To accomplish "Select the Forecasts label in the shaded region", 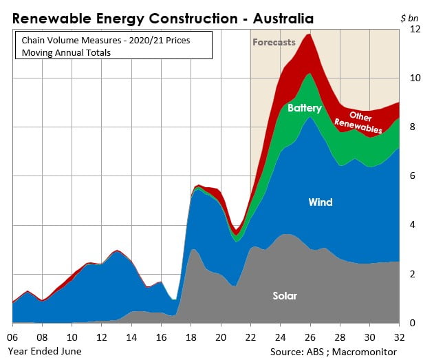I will point(274,42).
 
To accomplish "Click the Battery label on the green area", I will point(305,108).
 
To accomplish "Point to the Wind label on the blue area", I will point(320,202).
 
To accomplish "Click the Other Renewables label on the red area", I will point(359,122).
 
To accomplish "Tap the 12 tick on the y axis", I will point(414,30).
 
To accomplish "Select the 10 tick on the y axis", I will point(414,78).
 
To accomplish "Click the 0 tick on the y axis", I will point(412,323).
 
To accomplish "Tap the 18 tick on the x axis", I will point(191,338).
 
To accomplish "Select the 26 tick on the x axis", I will point(310,338).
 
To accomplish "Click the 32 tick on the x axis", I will point(400,338).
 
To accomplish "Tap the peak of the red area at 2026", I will point(310,35).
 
